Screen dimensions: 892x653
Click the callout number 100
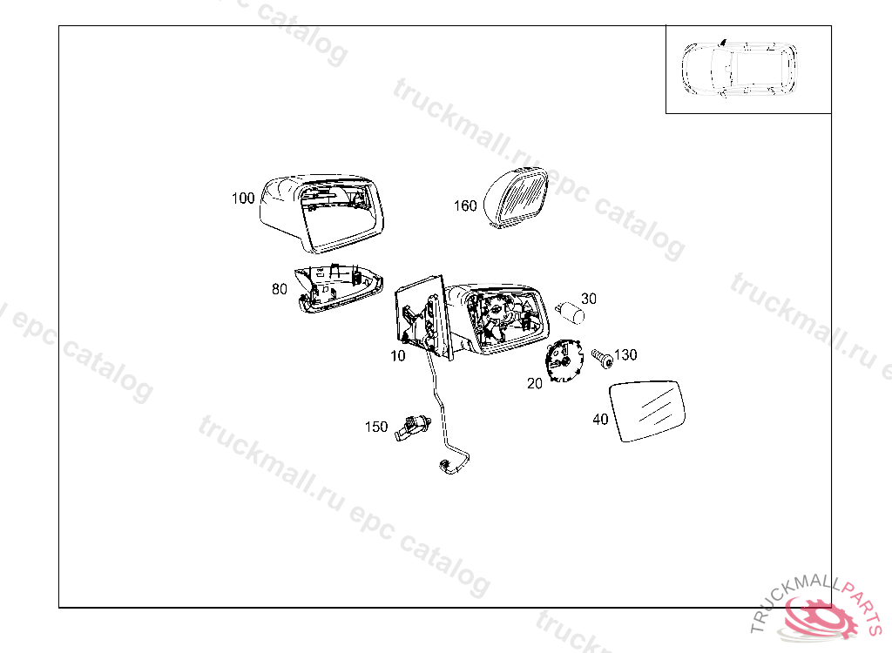(x=243, y=199)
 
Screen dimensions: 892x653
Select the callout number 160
(x=465, y=206)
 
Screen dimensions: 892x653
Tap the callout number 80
(x=279, y=290)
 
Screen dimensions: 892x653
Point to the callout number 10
(x=397, y=356)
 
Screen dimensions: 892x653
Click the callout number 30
(x=589, y=299)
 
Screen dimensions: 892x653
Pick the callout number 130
(x=625, y=355)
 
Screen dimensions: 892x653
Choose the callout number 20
(x=535, y=383)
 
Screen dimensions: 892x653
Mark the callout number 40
(x=600, y=420)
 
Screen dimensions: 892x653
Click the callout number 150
(x=376, y=427)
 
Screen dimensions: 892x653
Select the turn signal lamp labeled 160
(x=516, y=198)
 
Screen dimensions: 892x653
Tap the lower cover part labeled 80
(x=340, y=286)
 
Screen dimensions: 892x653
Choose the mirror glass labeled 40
(x=650, y=410)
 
